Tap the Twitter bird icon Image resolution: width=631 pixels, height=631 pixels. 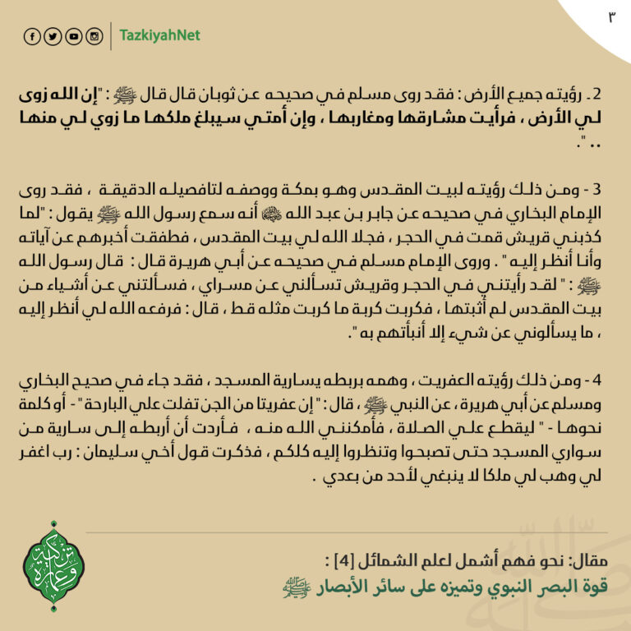tap(53, 36)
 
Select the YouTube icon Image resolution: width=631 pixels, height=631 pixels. tap(73, 36)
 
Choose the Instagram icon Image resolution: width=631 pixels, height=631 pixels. tap(94, 36)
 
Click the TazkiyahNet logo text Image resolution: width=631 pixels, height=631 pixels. tap(159, 36)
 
